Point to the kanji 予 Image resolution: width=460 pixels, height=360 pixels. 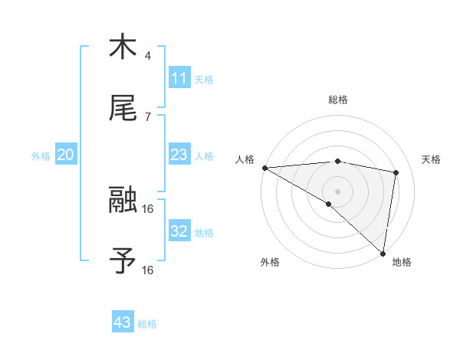coord(123,261)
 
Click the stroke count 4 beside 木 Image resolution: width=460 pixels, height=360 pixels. coord(148,55)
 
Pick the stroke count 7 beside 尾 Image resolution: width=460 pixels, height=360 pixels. coord(148,116)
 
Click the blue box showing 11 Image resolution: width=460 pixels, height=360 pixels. coord(179,78)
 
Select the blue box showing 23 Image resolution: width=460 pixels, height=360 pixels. coord(179,155)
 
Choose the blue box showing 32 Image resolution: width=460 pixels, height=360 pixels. coord(179,231)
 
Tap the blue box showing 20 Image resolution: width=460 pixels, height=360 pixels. coord(65,155)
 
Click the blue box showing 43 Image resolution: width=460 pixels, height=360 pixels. coord(122,322)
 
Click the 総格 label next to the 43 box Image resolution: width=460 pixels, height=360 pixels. coord(147,324)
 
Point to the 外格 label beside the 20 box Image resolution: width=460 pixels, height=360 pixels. coord(41,156)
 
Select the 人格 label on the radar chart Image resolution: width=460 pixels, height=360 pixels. coord(245,159)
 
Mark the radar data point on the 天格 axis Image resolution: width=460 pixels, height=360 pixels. coord(396,172)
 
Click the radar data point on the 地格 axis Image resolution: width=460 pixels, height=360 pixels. coord(383,253)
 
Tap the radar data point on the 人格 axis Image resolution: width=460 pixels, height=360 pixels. coord(264,167)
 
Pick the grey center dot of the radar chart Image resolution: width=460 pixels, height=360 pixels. coord(337,190)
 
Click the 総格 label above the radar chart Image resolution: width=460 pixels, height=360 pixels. coord(337,100)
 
